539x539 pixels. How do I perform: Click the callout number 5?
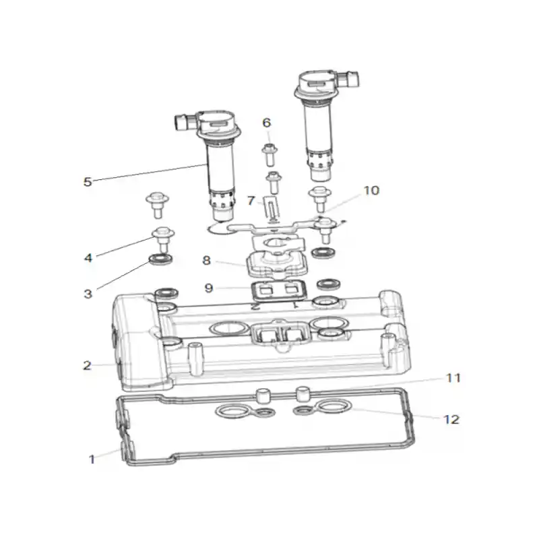[88, 182]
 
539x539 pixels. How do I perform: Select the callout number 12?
[451, 419]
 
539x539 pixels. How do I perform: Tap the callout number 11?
[453, 378]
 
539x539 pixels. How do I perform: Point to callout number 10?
[371, 191]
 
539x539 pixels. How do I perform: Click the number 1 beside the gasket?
[92, 459]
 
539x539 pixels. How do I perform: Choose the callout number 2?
[88, 365]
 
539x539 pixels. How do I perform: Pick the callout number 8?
[206, 260]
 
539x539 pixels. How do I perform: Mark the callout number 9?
[209, 288]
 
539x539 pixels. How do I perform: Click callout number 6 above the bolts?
[266, 123]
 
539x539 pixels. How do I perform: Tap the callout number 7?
[251, 200]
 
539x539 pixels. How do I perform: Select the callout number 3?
[88, 294]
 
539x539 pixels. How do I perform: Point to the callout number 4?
[88, 257]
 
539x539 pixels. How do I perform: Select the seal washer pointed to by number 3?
[160, 259]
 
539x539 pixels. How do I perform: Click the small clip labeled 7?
[272, 208]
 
